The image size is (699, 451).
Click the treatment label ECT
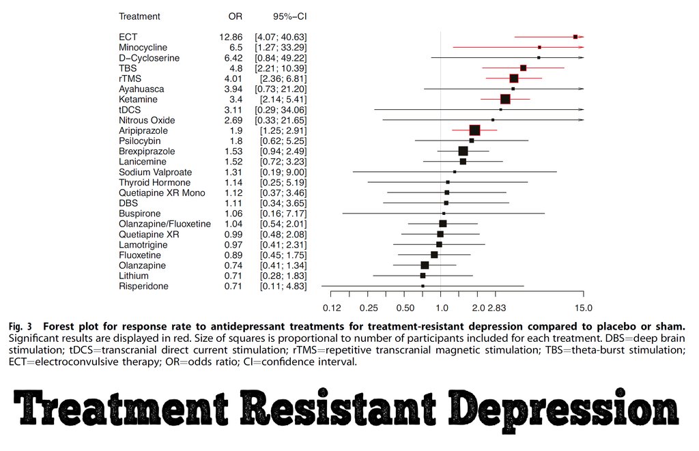point(128,37)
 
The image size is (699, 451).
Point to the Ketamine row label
point(138,100)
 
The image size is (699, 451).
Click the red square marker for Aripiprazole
point(474,130)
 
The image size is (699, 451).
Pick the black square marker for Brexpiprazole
point(463,151)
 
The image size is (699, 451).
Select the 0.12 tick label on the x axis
point(332,308)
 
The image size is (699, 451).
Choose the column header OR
point(236,16)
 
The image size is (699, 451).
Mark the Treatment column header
point(139,16)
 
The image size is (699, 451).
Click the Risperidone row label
point(143,286)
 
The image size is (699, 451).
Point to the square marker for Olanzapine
point(425,265)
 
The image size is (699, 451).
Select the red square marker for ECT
point(575,37)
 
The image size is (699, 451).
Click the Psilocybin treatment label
point(139,141)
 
